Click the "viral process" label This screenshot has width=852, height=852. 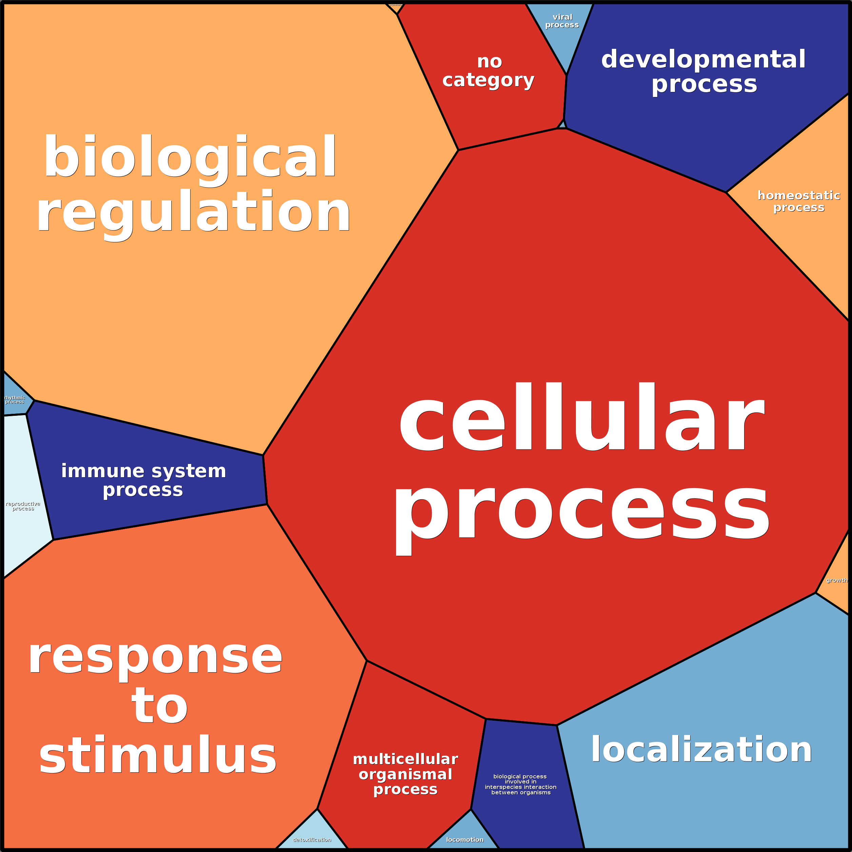[x=562, y=21]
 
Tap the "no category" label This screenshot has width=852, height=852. [x=489, y=71]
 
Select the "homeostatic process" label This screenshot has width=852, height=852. [x=799, y=201]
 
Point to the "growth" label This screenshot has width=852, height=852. [x=836, y=580]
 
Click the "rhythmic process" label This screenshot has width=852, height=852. [x=15, y=400]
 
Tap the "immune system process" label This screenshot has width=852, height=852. [x=143, y=480]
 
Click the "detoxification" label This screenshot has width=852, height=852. [x=312, y=840]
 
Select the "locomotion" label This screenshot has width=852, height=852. [x=465, y=840]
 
